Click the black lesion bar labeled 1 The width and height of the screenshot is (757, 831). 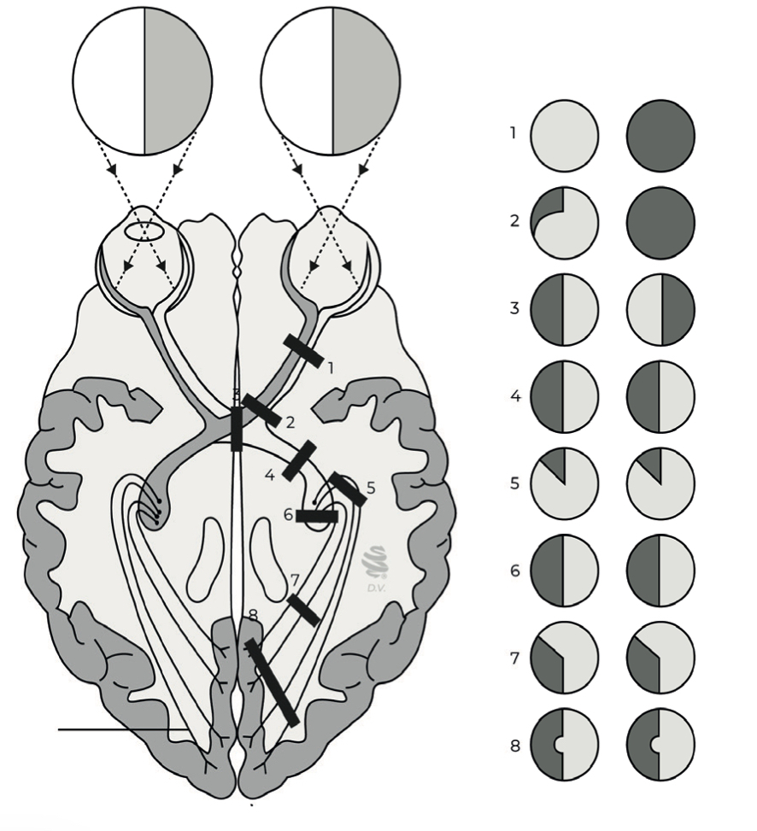click(x=303, y=349)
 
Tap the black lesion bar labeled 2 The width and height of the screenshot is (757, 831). click(x=261, y=411)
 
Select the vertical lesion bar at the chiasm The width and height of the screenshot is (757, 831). click(x=237, y=429)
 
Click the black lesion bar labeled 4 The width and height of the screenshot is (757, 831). click(x=299, y=460)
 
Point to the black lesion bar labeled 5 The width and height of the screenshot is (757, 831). click(x=348, y=489)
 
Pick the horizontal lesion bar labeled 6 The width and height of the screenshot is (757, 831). click(x=317, y=516)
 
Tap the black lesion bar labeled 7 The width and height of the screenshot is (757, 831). click(x=303, y=610)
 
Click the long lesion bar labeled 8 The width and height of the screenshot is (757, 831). click(x=272, y=682)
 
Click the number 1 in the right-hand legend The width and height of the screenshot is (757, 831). click(x=513, y=134)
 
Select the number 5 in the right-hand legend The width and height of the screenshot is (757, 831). click(x=514, y=483)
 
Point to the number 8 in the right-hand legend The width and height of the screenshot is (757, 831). click(x=514, y=746)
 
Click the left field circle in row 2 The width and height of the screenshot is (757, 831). click(x=564, y=223)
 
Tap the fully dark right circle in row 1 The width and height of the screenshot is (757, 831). click(x=660, y=136)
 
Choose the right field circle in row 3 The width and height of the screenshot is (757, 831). click(x=660, y=310)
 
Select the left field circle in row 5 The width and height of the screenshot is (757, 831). click(x=564, y=483)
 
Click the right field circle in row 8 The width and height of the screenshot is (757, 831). click(x=660, y=744)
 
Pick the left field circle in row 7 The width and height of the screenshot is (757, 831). click(x=564, y=658)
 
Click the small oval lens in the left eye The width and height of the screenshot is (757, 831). click(x=144, y=231)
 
